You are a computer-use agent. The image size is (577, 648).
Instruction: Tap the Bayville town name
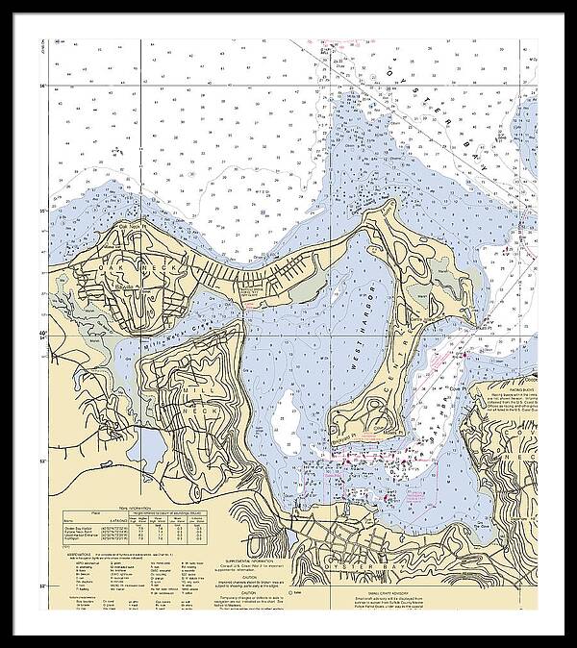(x=120, y=286)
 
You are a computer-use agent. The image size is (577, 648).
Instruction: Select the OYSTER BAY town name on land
(x=366, y=552)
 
